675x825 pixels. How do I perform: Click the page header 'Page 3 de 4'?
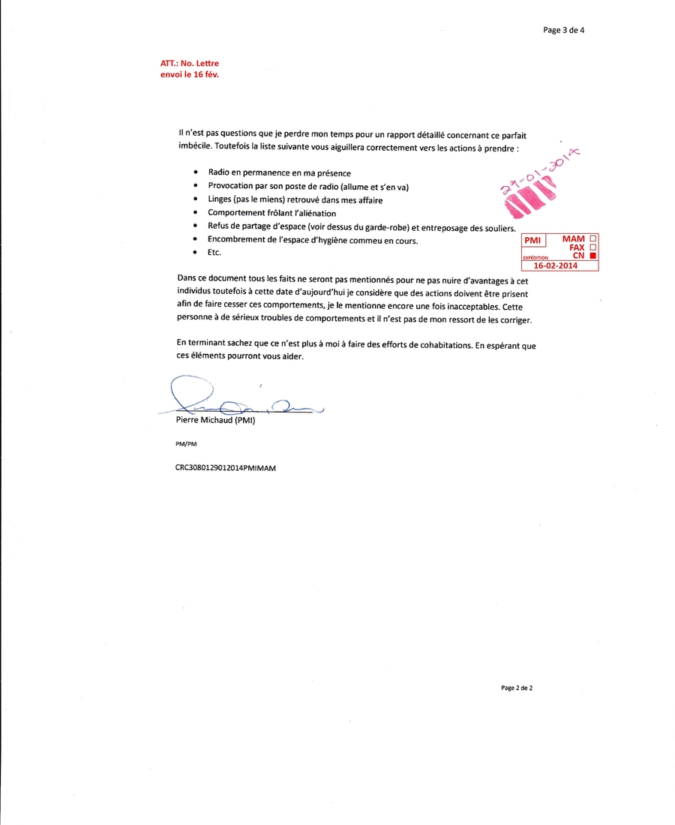563,31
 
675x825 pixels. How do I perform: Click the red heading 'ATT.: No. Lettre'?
190,64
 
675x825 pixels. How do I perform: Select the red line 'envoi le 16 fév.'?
190,75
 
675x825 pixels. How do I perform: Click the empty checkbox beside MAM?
594,238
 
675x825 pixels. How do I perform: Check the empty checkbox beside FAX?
594,247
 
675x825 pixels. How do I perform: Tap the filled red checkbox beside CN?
594,256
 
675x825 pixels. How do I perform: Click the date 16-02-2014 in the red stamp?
556,265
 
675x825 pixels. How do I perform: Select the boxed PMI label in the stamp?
533,241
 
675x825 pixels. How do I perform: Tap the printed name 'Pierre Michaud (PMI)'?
216,421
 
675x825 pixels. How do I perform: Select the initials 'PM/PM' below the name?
186,444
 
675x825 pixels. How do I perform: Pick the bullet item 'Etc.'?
214,253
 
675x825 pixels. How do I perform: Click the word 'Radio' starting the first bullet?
220,172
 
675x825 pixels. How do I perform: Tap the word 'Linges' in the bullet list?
221,199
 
